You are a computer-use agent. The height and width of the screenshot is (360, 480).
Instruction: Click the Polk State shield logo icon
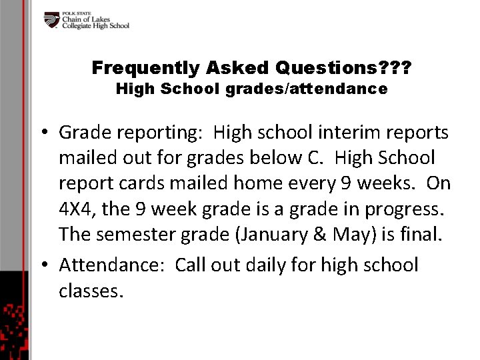click(52, 21)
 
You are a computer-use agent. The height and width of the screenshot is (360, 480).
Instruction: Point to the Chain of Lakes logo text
click(95, 21)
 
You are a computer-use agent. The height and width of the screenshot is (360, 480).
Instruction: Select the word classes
click(91, 291)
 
